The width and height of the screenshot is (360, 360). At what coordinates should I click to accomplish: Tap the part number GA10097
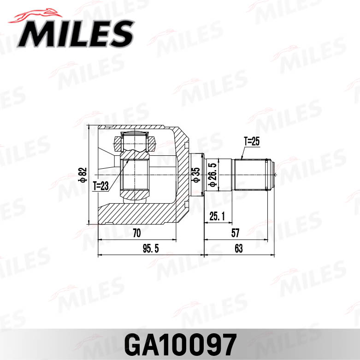pyautogui.click(x=180, y=343)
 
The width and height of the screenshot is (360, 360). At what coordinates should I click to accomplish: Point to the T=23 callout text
pyautogui.click(x=100, y=186)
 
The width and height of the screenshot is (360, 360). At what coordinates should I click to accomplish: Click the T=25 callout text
pyautogui.click(x=252, y=142)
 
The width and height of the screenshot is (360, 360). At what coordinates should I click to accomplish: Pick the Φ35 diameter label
pyautogui.click(x=196, y=175)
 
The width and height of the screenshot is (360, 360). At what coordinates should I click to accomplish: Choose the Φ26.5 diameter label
pyautogui.click(x=212, y=175)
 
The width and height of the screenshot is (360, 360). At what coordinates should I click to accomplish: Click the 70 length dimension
pyautogui.click(x=136, y=233)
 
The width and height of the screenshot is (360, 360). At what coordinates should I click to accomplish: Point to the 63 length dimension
pyautogui.click(x=238, y=249)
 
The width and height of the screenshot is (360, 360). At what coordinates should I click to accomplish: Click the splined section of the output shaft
pyautogui.click(x=251, y=175)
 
